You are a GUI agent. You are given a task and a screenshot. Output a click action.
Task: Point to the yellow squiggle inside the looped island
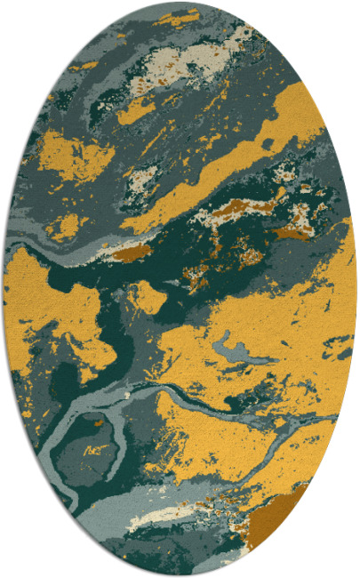94,450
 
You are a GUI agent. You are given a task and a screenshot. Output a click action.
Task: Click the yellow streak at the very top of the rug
178,18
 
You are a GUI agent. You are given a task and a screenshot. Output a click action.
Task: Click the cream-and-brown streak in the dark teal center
240,209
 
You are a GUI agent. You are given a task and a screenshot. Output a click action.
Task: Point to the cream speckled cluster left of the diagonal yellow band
142,182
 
